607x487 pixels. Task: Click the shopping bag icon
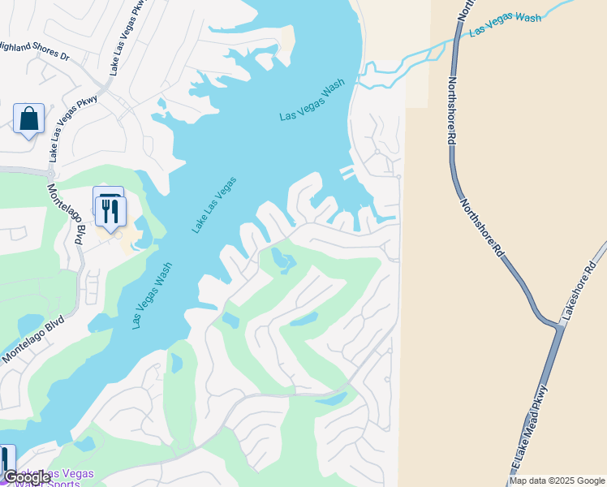pyautogui.click(x=29, y=119)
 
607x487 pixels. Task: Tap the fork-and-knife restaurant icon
pyautogui.click(x=110, y=212)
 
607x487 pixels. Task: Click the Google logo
pyautogui.click(x=27, y=477)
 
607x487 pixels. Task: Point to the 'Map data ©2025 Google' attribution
pyautogui.click(x=557, y=481)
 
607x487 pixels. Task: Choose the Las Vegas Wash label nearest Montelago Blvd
pyautogui.click(x=153, y=295)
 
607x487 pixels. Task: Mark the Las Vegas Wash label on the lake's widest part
pyautogui.click(x=312, y=100)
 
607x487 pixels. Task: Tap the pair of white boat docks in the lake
pyautogui.click(x=347, y=173)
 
